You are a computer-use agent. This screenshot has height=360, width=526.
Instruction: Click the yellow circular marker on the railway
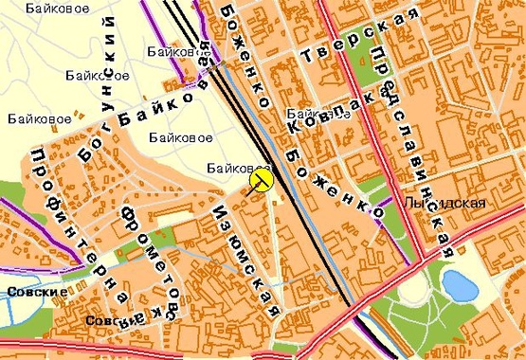pyautogui.click(x=261, y=180)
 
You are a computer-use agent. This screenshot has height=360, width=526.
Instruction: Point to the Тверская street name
pyautogui.click(x=359, y=38)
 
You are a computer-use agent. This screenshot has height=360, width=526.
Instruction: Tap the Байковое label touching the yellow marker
pyautogui.click(x=233, y=168)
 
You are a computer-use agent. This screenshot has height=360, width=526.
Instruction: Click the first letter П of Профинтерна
pyautogui.click(x=39, y=154)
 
